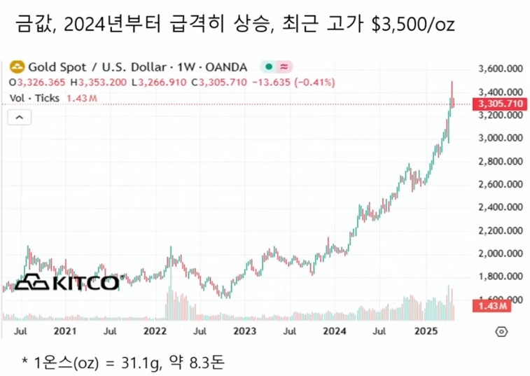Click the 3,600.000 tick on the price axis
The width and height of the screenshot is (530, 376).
pos(501,69)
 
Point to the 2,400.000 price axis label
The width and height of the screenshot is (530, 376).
pos(501,207)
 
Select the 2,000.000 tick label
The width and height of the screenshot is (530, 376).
pos(501,253)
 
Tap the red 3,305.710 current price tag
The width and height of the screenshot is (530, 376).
pos(498,104)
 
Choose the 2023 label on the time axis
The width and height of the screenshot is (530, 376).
pos(244,330)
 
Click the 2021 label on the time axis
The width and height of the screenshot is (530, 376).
pos(64,330)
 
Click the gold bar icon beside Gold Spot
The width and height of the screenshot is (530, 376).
pos(15,67)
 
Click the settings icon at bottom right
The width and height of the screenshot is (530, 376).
pos(501,330)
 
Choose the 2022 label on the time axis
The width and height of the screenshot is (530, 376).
pos(154,330)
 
